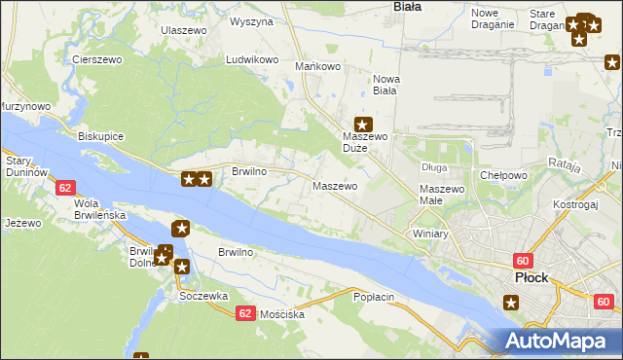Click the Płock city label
pyautogui.click(x=531, y=277)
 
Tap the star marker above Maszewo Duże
pyautogui.click(x=362, y=124)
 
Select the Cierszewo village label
pyautogui.click(x=95, y=59)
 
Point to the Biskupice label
pyautogui.click(x=100, y=136)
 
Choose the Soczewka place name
pyautogui.click(x=203, y=296)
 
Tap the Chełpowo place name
pyautogui.click(x=503, y=175)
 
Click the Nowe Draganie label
pyautogui.click(x=492, y=18)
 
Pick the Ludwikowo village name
pyautogui.click(x=252, y=59)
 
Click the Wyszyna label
pyautogui.click(x=251, y=21)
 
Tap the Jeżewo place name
pyautogui.click(x=22, y=223)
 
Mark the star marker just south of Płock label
pyautogui.click(x=512, y=303)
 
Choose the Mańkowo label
pyautogui.click(x=317, y=66)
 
